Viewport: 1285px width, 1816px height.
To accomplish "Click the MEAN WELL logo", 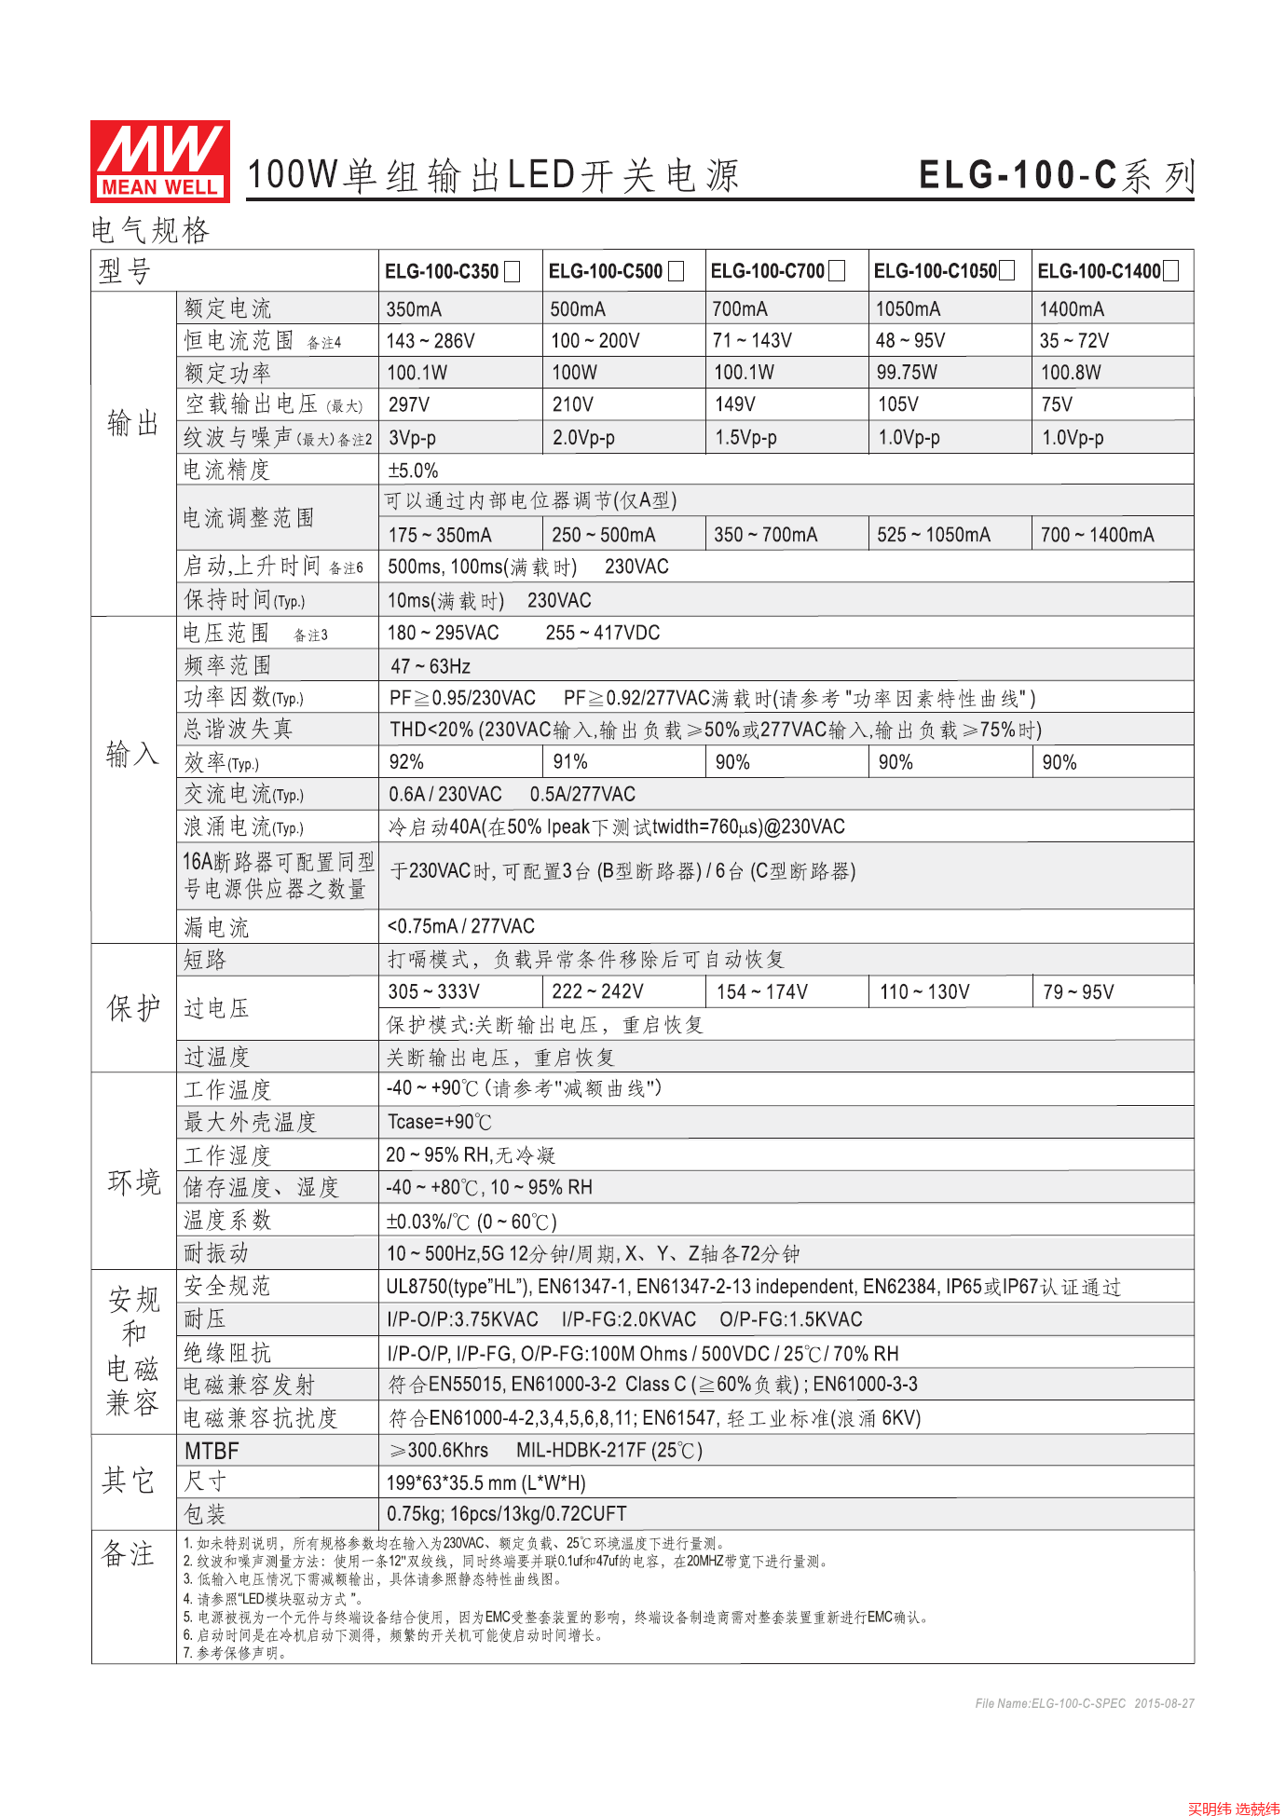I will click(x=159, y=161).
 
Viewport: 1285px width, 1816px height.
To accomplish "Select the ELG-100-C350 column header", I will click(x=442, y=271).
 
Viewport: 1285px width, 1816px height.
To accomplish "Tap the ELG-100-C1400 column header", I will click(x=1099, y=271).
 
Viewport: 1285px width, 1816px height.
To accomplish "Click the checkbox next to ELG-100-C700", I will click(x=837, y=271).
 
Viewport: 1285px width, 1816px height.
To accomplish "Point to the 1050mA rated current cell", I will click(x=908, y=309).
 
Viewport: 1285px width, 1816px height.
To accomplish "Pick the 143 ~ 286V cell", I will click(x=431, y=341).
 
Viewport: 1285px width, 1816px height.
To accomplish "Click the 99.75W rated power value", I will click(x=907, y=373).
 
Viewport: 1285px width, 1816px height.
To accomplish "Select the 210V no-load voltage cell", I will click(x=572, y=404).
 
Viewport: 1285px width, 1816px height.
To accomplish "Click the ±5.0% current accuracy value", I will click(x=413, y=471).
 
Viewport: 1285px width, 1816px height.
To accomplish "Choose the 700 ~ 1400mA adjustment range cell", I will click(x=1097, y=535).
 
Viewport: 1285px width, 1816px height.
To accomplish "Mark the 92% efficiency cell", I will click(x=406, y=762).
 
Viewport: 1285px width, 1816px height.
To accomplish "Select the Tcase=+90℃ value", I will click(x=440, y=1122).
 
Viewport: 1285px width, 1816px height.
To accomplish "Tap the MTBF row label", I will click(x=212, y=1451).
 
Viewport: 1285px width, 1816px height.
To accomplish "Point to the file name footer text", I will click(x=1084, y=1703).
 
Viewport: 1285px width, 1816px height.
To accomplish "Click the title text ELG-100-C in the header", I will click(x=1018, y=175).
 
